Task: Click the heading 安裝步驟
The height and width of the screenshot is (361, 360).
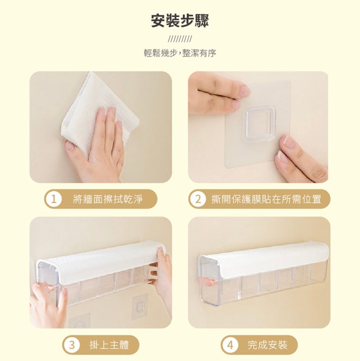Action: pos(180,21)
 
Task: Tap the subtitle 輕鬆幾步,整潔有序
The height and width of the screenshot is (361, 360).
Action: pos(180,53)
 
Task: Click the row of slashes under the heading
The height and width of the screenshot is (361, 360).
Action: pos(180,39)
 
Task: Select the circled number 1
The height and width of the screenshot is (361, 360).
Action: pos(53,199)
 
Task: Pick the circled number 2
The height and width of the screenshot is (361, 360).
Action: pos(198,199)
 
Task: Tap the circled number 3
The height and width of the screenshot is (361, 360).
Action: pos(72,345)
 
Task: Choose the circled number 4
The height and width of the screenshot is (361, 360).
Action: pos(230,345)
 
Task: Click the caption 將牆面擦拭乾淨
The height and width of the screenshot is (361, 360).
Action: pos(108,199)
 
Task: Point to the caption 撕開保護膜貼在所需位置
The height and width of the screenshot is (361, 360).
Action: pos(266,199)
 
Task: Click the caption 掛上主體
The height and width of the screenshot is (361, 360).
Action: pos(109,345)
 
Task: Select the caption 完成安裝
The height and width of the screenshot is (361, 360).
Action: pos(268,345)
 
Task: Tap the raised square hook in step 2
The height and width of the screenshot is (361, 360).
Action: pos(260,124)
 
